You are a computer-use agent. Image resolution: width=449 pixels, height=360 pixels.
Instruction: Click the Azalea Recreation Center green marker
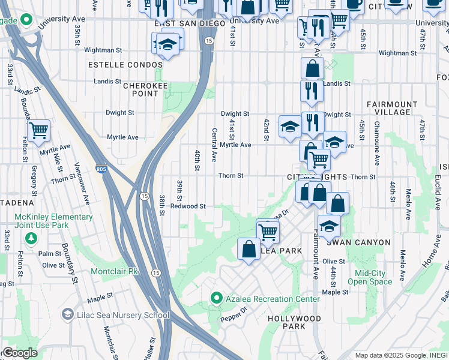[x=217, y=298]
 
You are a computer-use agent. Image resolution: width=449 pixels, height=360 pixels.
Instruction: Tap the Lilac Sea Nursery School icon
[x=67, y=314]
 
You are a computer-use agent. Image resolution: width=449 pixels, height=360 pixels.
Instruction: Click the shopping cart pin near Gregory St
[x=38, y=130]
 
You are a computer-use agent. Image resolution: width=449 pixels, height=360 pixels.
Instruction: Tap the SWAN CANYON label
[x=358, y=242]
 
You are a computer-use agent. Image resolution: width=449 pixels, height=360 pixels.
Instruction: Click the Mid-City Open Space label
[x=369, y=277]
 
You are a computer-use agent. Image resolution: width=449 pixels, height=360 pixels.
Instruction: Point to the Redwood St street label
[x=188, y=206]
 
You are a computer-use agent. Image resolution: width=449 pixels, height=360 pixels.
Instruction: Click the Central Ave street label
[x=214, y=145]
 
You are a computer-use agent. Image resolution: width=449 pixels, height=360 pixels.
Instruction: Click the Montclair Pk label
[x=114, y=271]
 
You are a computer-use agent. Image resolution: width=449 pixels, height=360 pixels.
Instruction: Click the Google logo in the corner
[x=19, y=353]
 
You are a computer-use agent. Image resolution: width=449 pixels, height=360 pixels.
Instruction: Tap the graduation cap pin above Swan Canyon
[x=328, y=226]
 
